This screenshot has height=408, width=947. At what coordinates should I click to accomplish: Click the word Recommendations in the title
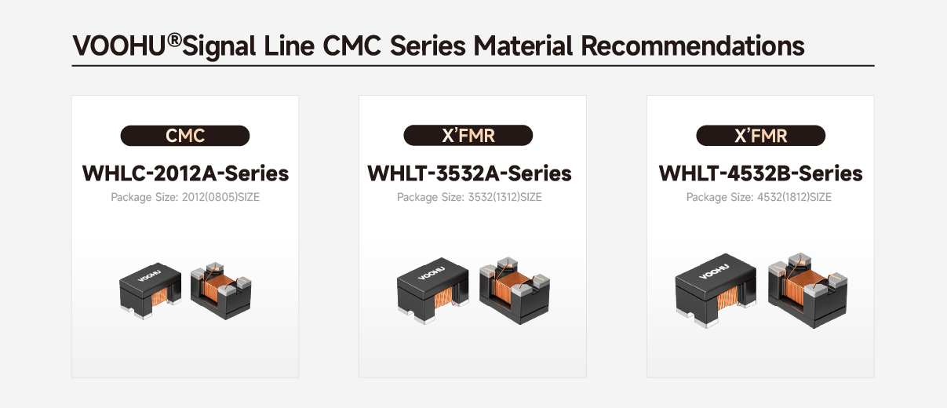tap(692, 46)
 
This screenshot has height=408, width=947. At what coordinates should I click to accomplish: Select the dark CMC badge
tap(184, 136)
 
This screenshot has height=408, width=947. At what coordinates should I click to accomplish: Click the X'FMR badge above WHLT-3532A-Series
tap(468, 136)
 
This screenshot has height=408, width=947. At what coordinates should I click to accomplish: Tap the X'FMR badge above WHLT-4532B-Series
tap(760, 136)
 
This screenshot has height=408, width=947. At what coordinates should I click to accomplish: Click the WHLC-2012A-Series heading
tap(185, 173)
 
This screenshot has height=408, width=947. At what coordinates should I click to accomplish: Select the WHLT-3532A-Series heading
tap(469, 173)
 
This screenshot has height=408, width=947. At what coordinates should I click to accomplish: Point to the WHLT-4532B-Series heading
tap(760, 173)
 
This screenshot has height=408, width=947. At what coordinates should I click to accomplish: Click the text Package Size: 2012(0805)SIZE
tap(185, 198)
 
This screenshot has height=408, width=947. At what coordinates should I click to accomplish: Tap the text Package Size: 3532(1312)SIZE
tap(469, 198)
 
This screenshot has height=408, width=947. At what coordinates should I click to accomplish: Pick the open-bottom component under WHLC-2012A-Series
tap(221, 290)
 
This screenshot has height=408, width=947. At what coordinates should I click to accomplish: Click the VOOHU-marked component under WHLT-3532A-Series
tap(434, 289)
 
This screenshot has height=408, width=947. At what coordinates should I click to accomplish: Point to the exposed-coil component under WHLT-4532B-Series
tap(805, 290)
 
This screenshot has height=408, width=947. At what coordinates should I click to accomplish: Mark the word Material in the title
tap(522, 46)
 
